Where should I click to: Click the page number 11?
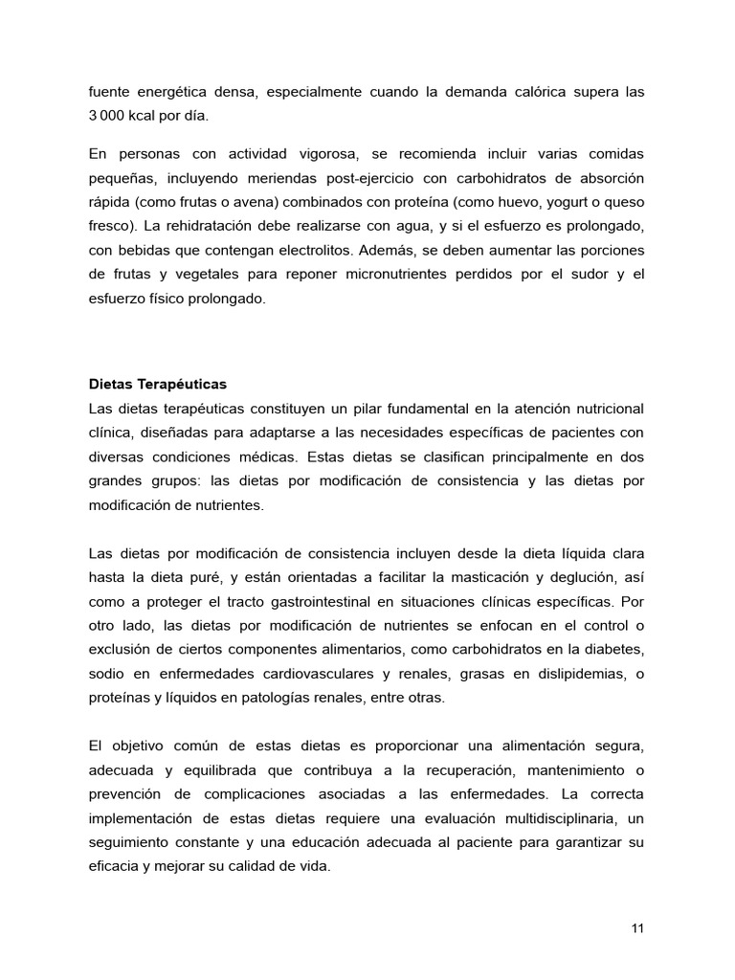coord(637,928)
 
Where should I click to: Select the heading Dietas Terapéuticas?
coord(157,384)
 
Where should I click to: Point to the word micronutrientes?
coord(433,274)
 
